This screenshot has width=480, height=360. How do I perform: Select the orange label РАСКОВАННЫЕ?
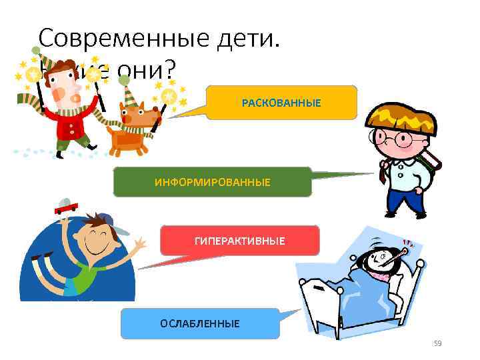281,103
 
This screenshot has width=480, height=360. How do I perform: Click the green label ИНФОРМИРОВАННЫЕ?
212,182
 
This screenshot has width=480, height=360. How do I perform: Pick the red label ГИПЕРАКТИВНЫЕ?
240,241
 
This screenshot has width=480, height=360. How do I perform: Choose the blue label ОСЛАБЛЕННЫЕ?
199,323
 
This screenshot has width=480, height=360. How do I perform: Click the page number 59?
438,343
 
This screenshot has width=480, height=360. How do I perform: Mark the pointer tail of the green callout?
343,176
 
